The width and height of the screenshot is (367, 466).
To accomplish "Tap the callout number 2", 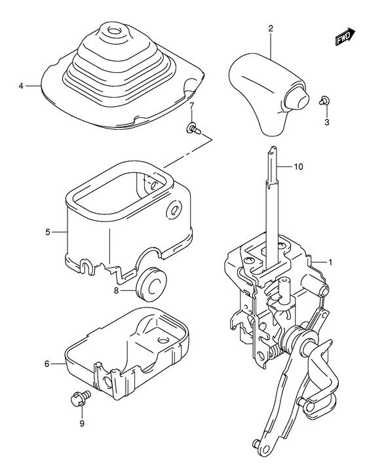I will pyautogui.click(x=270, y=28).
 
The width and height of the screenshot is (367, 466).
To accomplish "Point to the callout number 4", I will pyautogui.click(x=21, y=86).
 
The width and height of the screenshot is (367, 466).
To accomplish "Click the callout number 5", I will pyautogui.click(x=48, y=231).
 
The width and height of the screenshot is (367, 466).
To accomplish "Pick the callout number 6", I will pyautogui.click(x=47, y=362).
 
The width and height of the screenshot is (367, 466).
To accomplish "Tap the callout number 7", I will pyautogui.click(x=192, y=106).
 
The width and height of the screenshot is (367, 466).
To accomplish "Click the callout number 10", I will pyautogui.click(x=298, y=167).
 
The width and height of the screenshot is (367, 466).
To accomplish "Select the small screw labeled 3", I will pyautogui.click(x=324, y=100).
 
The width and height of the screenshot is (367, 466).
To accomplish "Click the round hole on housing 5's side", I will pyautogui.click(x=175, y=211).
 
